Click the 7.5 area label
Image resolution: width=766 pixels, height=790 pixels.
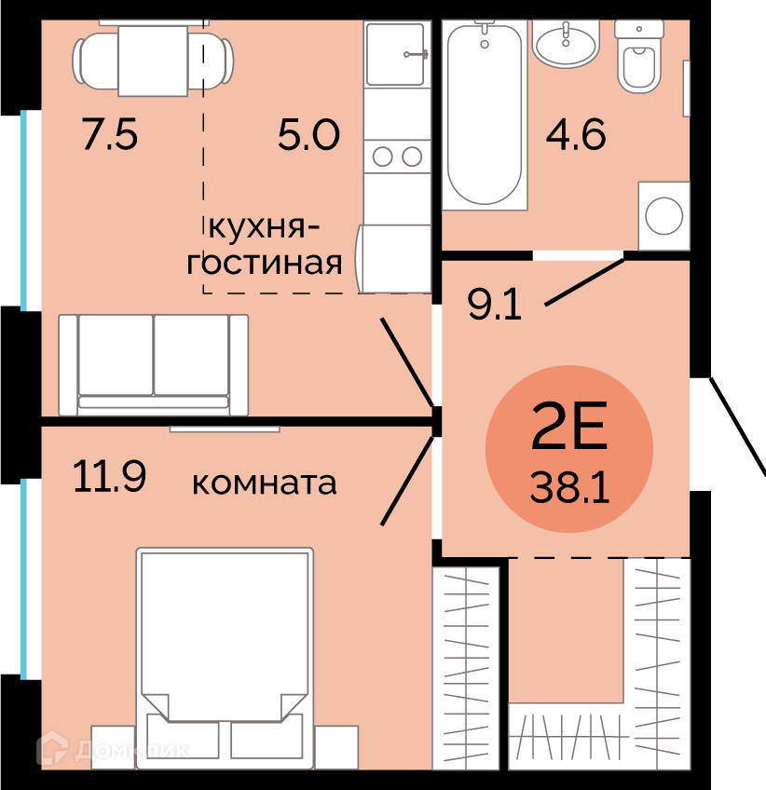(x=110, y=134)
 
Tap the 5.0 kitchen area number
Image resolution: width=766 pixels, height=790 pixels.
(x=309, y=134)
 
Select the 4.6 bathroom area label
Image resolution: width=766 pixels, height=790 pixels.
(x=576, y=134)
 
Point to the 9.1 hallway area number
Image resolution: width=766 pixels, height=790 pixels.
(x=495, y=305)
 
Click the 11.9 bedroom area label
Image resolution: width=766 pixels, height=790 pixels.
(x=109, y=476)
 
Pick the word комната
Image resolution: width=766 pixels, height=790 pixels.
(x=264, y=483)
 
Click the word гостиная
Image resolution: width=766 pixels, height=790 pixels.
(x=264, y=263)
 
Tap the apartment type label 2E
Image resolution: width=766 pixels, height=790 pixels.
(x=569, y=425)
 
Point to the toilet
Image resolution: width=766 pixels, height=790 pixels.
(x=639, y=57)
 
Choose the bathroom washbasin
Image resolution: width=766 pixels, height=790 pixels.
(x=566, y=44)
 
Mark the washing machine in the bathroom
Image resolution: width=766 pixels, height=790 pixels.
(x=663, y=215)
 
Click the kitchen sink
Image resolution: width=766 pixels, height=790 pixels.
(x=397, y=54)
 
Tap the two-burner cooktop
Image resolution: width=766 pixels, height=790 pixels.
(x=397, y=157)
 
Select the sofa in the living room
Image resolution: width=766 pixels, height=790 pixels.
(x=153, y=365)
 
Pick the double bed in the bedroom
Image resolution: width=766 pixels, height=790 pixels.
(x=225, y=658)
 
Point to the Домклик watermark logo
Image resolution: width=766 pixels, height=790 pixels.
(x=112, y=750)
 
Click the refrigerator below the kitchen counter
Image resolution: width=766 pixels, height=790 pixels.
(x=393, y=259)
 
